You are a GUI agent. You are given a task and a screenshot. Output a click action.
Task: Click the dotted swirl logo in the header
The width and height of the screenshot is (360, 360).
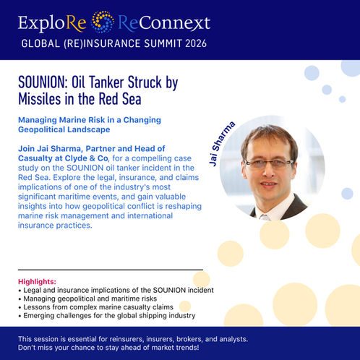coord(102,22)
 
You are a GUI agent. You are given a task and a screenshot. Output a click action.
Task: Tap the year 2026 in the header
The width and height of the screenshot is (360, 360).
coord(196,43)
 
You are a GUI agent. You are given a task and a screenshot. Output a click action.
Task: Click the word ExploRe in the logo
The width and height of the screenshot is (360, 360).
coord(52,23)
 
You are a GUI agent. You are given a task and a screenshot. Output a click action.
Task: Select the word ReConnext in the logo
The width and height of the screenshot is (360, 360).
coord(164,23)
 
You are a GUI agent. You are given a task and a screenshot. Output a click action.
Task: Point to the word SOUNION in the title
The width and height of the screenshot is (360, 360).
coord(42,82)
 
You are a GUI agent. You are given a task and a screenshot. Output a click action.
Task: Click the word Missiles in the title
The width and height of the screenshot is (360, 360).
coord(40,99)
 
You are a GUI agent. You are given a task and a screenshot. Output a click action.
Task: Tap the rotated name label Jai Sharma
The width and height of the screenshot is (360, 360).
coord(222,144)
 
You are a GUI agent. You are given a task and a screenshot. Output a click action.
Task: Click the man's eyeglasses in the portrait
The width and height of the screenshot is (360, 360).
coord(269,164)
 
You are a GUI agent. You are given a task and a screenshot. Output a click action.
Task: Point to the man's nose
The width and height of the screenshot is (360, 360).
coord(268,172)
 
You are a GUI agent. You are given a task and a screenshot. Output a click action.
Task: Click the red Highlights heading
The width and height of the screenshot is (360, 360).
coord(37,282)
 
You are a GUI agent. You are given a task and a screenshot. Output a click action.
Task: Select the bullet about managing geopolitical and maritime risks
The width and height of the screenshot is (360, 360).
coord(87,299)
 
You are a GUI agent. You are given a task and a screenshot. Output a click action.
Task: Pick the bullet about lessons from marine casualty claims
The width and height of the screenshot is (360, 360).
coord(96,307)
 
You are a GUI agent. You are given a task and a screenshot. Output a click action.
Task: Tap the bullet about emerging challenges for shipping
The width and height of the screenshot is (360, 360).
coord(107,316)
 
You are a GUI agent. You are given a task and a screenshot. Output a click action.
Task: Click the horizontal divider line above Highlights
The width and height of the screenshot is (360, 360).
coord(111,270)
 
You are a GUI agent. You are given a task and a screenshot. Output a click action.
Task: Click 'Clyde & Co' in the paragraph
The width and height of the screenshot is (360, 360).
coord(86,158)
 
